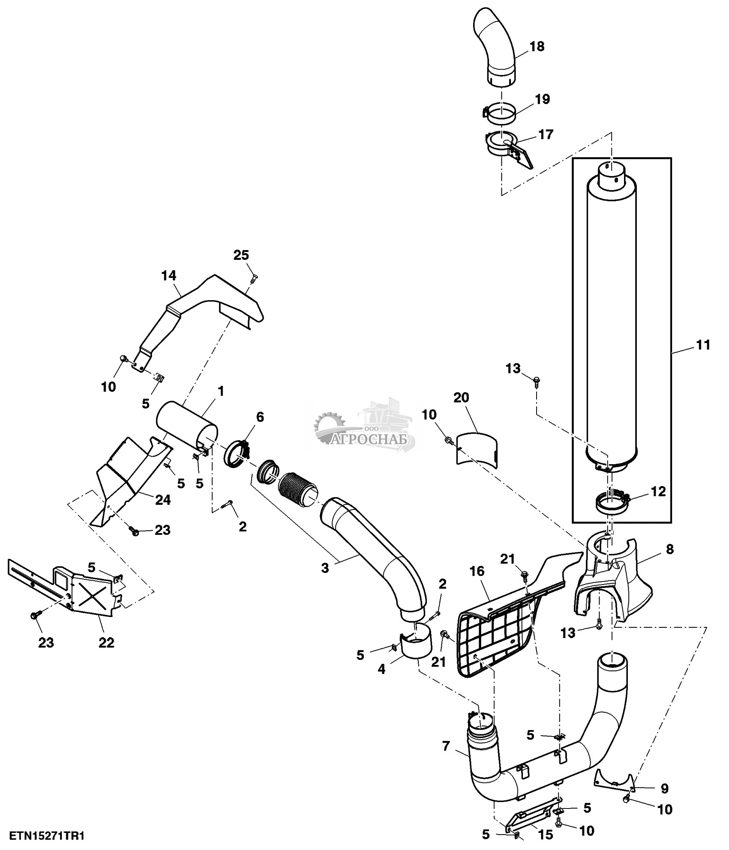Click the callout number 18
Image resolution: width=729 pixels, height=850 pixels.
[537, 46]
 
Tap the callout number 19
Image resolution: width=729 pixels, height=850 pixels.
[542, 99]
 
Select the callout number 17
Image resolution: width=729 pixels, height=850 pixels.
[546, 134]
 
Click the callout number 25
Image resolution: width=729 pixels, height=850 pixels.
[241, 255]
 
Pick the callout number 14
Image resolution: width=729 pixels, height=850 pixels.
[169, 275]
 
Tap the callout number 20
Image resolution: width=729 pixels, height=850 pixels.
[461, 398]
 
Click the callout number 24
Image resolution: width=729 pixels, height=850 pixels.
[163, 500]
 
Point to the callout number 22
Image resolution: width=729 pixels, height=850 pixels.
[106, 642]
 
